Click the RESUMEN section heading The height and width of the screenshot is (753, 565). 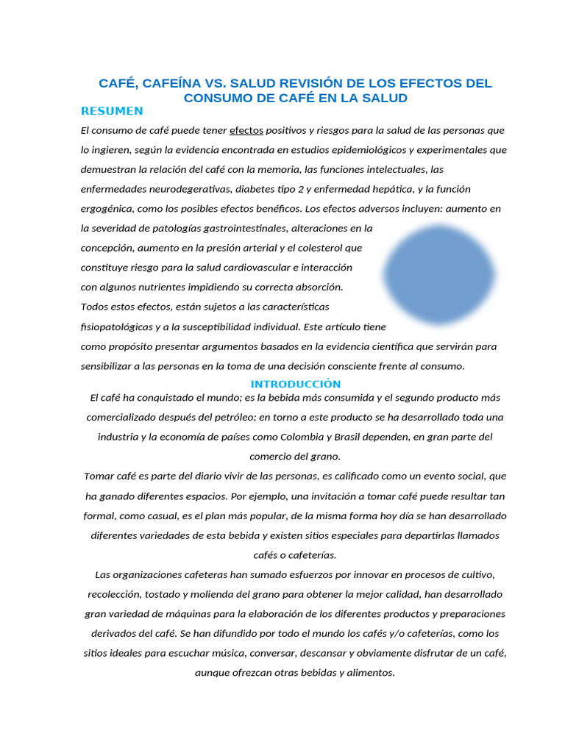112,111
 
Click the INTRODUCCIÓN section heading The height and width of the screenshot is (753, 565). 296,384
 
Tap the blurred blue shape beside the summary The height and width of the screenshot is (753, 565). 439,275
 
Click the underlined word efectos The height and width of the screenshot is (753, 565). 246,131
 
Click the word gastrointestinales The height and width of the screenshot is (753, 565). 255,229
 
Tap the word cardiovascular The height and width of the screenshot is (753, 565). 255,268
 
